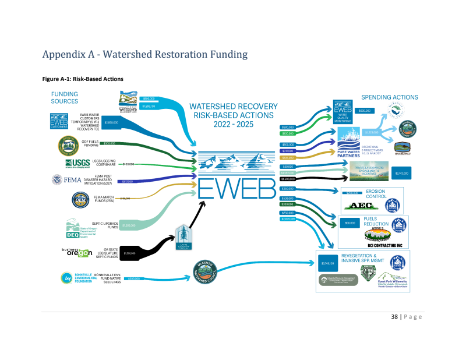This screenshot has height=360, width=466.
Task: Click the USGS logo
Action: [x=76, y=163]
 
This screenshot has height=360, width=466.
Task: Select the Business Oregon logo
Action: [x=77, y=252]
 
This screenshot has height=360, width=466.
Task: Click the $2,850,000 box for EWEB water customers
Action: [x=111, y=122]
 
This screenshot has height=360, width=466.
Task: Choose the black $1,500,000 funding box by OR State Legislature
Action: [x=130, y=253]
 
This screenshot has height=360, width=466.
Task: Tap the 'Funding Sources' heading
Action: [x=65, y=97]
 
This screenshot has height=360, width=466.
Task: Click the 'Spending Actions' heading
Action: [x=390, y=97]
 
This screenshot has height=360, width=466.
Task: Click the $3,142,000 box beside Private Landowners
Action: [x=401, y=173]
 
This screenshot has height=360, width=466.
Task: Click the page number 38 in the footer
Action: [x=394, y=316]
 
